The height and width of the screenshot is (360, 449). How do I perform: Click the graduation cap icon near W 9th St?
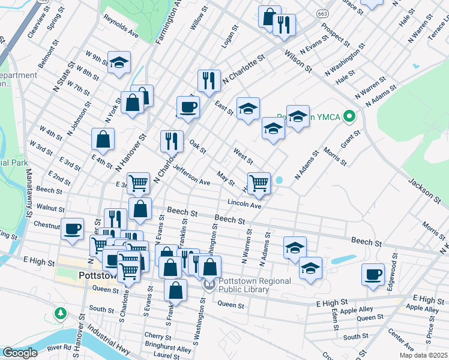click(x=119, y=61)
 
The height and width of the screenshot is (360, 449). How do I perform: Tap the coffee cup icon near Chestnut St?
click(x=73, y=229)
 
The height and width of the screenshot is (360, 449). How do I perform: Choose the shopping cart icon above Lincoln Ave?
click(x=259, y=182)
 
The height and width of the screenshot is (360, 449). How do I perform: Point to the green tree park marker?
click(x=60, y=313)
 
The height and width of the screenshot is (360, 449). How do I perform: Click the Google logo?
click(x=20, y=353)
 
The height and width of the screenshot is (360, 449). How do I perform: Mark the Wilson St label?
click(x=298, y=61)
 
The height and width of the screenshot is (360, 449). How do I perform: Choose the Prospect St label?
click(x=336, y=36)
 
